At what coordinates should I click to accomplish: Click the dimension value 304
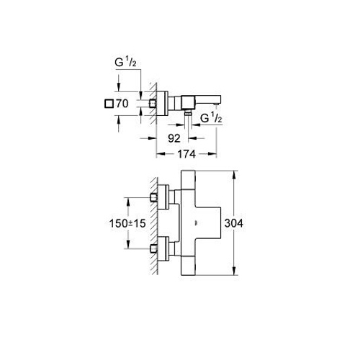[x=233, y=223]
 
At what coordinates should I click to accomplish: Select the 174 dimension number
[x=186, y=154]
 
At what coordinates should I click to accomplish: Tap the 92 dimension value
[x=174, y=138]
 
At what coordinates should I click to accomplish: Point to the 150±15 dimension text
[x=127, y=223]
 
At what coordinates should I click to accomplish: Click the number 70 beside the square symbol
[x=122, y=104]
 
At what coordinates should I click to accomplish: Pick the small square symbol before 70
[x=109, y=104]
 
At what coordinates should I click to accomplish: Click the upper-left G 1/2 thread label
[x=125, y=62]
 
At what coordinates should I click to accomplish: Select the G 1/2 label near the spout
[x=211, y=117]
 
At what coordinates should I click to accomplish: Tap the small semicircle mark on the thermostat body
[x=197, y=223]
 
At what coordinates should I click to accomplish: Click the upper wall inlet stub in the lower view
[x=153, y=198]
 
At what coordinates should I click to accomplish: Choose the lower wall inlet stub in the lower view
[x=153, y=248]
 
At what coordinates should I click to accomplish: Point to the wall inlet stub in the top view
[x=153, y=104]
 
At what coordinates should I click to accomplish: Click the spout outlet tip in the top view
[x=216, y=104]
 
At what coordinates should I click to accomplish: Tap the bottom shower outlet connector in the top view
[x=188, y=112]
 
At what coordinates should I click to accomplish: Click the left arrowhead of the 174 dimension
[x=161, y=154]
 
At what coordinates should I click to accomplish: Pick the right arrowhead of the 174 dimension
[x=212, y=154]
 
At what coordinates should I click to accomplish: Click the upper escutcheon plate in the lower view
[x=163, y=197]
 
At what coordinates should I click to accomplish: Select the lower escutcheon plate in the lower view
[x=163, y=248]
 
